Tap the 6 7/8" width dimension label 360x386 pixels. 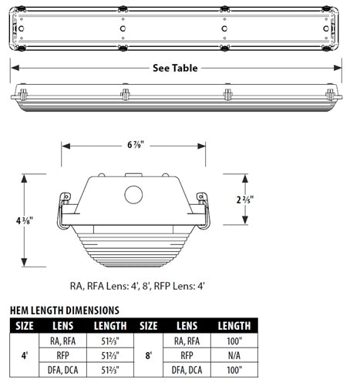[x=134, y=145]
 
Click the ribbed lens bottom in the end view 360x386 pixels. [x=133, y=247]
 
